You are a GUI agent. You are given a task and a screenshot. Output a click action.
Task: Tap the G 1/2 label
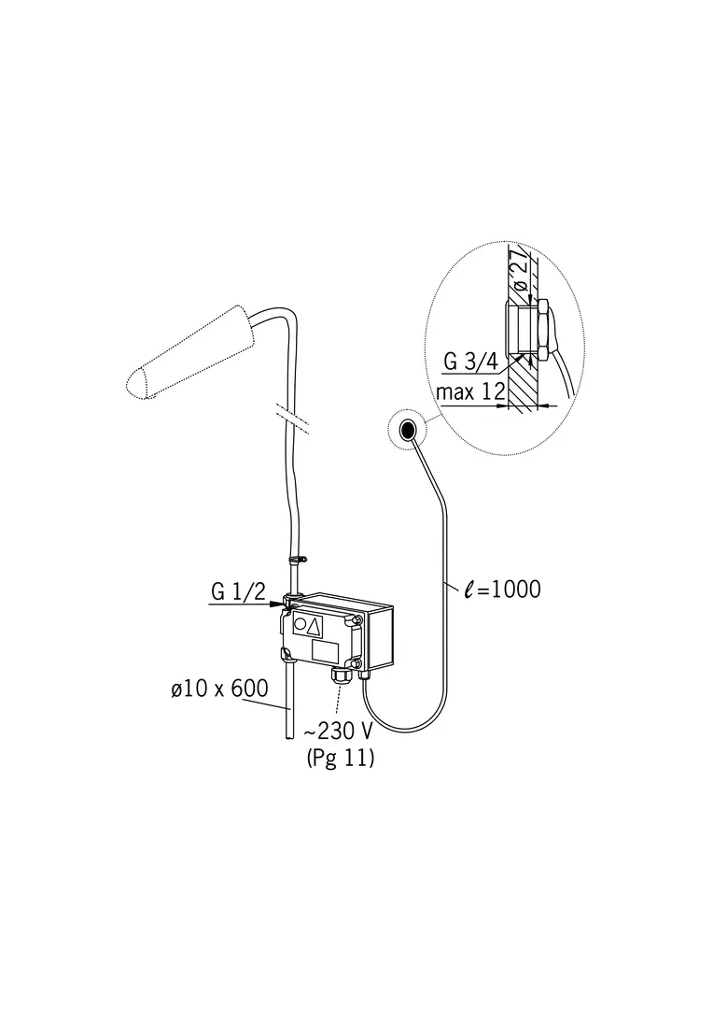click(238, 590)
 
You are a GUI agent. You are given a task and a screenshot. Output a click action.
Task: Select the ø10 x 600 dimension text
click(220, 689)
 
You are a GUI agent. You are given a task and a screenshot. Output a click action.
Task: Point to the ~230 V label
click(338, 732)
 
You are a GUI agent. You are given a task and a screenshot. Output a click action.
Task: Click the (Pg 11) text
click(341, 758)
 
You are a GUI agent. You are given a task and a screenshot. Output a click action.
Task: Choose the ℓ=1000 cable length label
click(503, 589)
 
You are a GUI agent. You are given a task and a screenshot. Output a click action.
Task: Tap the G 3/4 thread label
click(470, 362)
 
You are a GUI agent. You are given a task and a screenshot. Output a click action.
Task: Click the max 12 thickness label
click(470, 391)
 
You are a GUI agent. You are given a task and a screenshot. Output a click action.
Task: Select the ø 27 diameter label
click(524, 270)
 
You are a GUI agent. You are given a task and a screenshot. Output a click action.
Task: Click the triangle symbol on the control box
click(313, 626)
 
